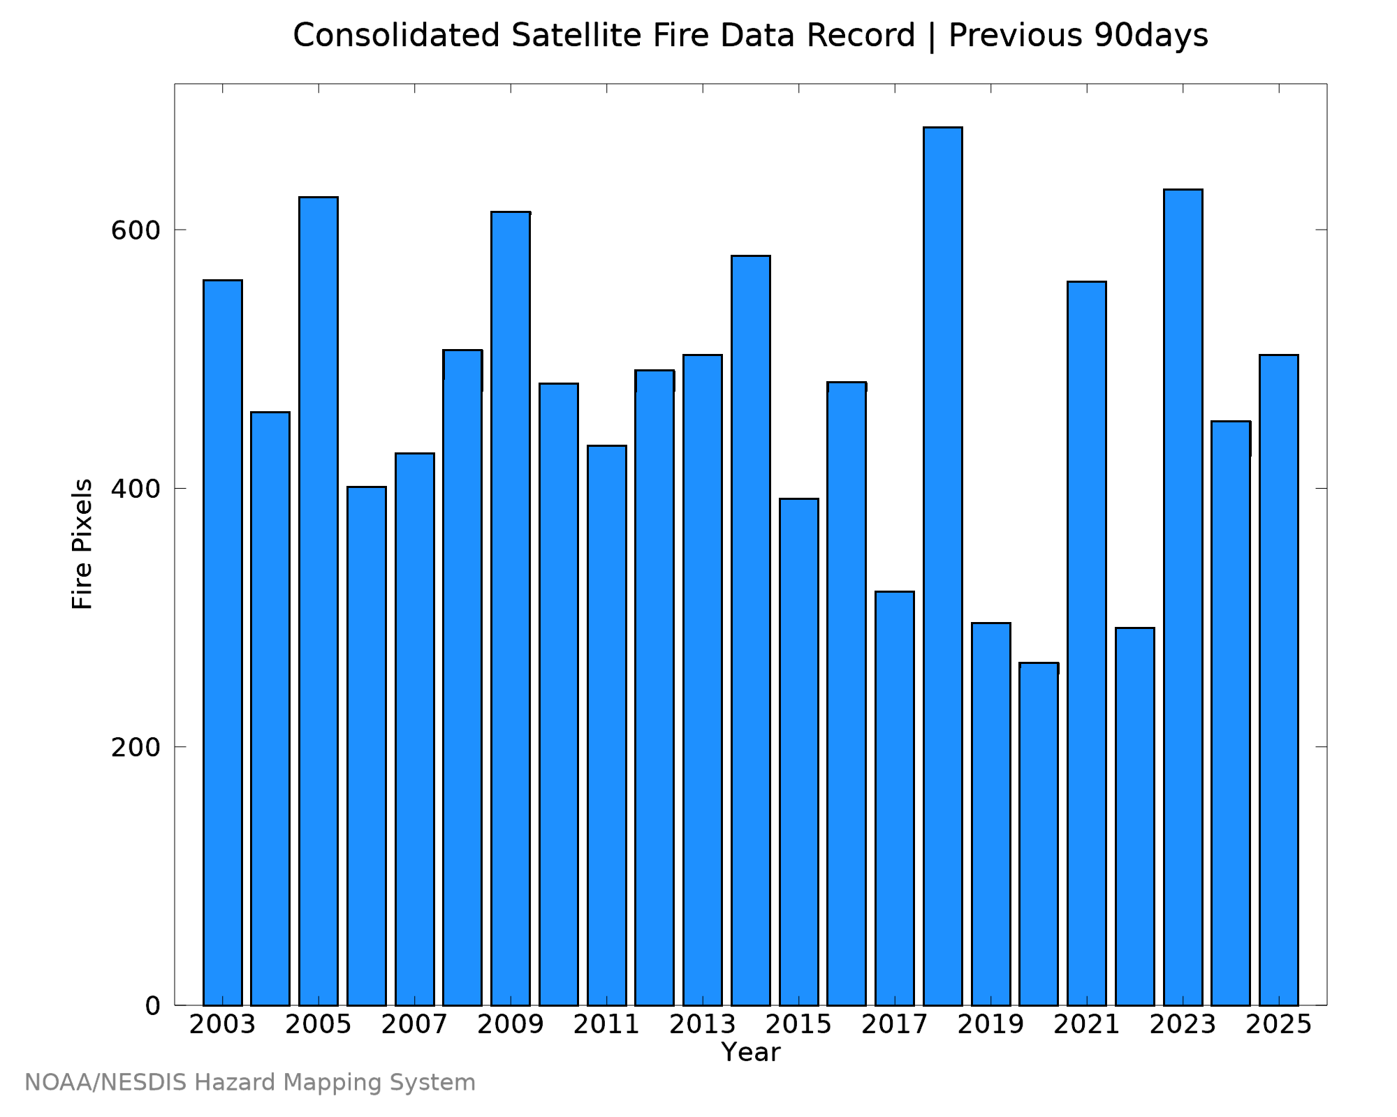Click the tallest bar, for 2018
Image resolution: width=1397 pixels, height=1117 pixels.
[942, 566]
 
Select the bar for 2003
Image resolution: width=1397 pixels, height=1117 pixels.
[223, 642]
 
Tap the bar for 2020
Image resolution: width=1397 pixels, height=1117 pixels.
[1039, 834]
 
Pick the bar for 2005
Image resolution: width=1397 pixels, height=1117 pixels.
[319, 601]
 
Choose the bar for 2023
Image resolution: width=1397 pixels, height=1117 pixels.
[1183, 597]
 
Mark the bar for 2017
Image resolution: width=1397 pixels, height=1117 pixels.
[895, 798]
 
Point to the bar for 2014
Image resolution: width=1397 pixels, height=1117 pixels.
[751, 630]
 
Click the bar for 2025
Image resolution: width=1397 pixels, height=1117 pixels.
[1279, 680]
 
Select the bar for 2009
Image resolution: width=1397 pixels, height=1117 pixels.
[511, 608]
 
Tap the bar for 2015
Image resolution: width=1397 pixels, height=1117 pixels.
[799, 752]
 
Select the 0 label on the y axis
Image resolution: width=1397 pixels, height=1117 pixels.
[153, 1006]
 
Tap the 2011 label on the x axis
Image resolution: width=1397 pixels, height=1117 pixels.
[606, 1025]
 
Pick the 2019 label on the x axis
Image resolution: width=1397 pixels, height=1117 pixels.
[990, 1025]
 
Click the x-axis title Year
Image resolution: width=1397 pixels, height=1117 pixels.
[751, 1052]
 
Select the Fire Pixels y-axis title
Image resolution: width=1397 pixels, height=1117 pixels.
[82, 544]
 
